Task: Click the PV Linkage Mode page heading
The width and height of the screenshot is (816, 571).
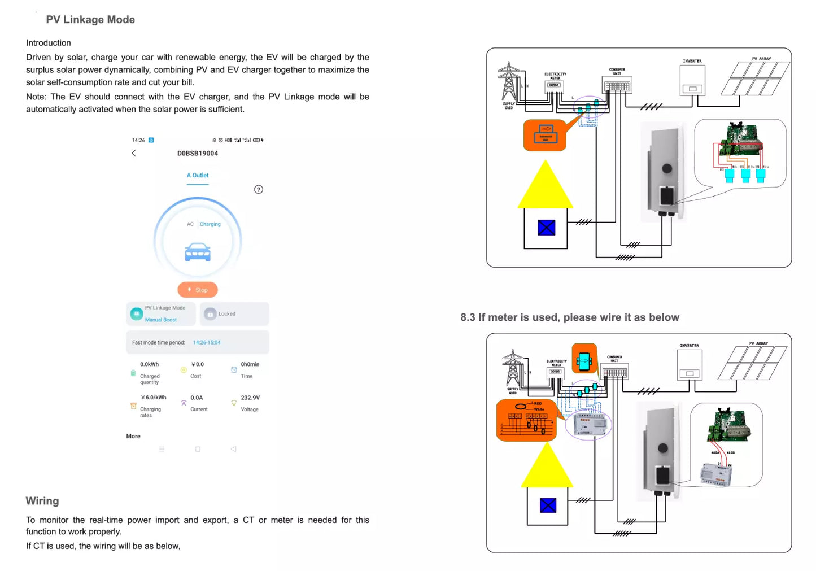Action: click(x=90, y=20)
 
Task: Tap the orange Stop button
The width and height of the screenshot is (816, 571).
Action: click(x=198, y=290)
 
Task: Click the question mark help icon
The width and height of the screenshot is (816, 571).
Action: click(x=259, y=190)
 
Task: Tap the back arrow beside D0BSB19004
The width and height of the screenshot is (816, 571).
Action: click(x=134, y=153)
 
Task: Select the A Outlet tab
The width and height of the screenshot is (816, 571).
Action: click(x=198, y=176)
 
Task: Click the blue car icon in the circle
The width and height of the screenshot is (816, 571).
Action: click(x=198, y=252)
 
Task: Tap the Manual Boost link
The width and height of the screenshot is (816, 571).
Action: click(x=161, y=320)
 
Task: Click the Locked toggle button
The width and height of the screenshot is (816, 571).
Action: click(x=234, y=314)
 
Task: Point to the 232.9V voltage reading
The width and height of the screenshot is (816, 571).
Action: click(x=250, y=398)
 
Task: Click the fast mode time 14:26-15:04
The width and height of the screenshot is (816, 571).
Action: click(x=207, y=342)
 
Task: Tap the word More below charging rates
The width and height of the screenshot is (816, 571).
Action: click(x=133, y=436)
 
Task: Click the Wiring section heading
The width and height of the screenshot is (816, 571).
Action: click(x=42, y=501)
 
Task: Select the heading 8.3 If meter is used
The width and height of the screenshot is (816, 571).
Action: click(x=570, y=317)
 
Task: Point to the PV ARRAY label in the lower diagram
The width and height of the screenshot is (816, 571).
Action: click(x=758, y=343)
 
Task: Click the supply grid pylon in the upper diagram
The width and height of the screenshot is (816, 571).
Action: click(x=509, y=82)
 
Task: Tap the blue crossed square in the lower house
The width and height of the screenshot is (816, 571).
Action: click(x=548, y=505)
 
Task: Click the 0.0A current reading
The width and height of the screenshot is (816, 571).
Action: click(x=197, y=398)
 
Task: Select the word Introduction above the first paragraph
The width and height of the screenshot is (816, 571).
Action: click(x=49, y=43)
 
